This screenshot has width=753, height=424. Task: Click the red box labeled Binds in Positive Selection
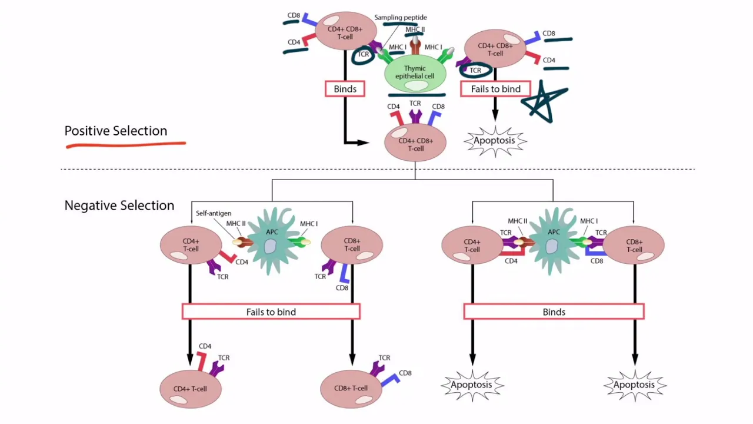[x=345, y=89]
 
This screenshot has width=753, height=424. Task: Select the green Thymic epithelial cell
[x=415, y=73]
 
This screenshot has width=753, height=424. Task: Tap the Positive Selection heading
[x=116, y=131]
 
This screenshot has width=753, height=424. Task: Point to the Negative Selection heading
[x=119, y=206]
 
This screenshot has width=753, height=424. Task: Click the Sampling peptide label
[x=401, y=18]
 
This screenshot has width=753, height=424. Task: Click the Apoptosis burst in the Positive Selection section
[x=495, y=141]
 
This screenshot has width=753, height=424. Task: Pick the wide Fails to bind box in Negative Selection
[x=271, y=312]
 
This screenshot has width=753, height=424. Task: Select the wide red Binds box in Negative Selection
[x=554, y=312]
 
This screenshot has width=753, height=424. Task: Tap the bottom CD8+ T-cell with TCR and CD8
[x=351, y=389]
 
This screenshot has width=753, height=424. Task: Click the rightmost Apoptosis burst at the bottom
[x=634, y=385]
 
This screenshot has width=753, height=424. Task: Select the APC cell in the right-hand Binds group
[x=553, y=241]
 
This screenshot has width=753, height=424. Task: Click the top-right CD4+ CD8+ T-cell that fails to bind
[x=495, y=49]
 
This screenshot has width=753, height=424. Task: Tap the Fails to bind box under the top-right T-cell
[x=495, y=89]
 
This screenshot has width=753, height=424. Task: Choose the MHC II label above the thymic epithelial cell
[x=415, y=29]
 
